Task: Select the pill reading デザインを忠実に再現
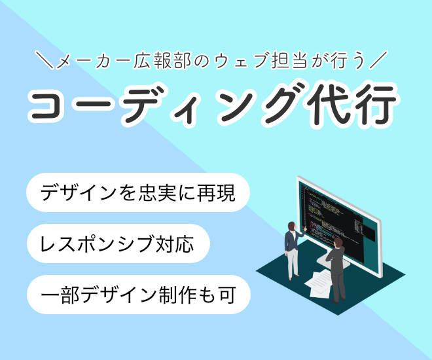138,192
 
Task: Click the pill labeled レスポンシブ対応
118,243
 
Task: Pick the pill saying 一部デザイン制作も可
138,295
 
